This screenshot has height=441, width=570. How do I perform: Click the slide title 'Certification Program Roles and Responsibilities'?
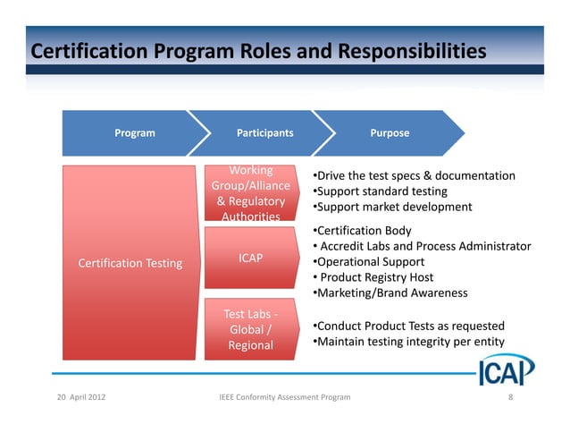pyautogui.click(x=258, y=50)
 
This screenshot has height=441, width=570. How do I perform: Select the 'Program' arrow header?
pyautogui.click(x=134, y=133)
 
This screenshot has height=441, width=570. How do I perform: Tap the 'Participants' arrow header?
pyautogui.click(x=264, y=133)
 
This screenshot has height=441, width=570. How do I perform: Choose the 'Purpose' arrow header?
pyautogui.click(x=390, y=133)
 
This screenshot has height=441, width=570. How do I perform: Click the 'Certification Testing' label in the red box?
pyautogui.click(x=130, y=263)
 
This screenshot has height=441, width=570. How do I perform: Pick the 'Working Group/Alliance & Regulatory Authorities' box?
pyautogui.click(x=250, y=193)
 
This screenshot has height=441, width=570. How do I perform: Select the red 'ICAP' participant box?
pyautogui.click(x=250, y=258)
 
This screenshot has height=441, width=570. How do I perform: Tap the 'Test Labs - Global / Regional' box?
pyautogui.click(x=250, y=329)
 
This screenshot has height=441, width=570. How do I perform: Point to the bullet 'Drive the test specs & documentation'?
pyautogui.click(x=414, y=175)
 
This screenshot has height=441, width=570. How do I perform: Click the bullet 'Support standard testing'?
pyautogui.click(x=380, y=191)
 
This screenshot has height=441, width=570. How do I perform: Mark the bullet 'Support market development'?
pyautogui.click(x=391, y=207)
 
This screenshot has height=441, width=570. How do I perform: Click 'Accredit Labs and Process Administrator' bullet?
pyautogui.click(x=424, y=247)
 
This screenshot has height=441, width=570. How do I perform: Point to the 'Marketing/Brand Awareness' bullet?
pyautogui.click(x=390, y=293)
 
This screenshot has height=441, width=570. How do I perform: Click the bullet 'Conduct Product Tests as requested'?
pyautogui.click(x=408, y=326)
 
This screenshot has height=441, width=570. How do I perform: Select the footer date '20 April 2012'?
pyautogui.click(x=80, y=395)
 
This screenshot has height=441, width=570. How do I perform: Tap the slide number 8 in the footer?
pyautogui.click(x=509, y=395)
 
